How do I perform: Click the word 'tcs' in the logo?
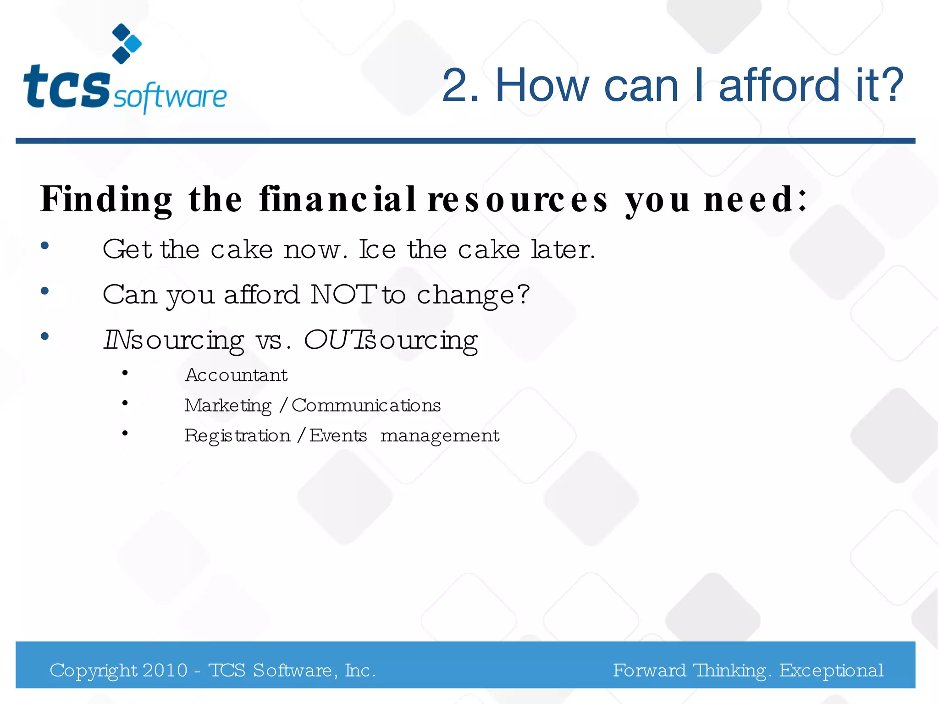(66, 87)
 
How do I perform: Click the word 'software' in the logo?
(170, 97)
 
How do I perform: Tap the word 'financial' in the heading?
(337, 199)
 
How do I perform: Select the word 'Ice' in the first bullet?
(377, 250)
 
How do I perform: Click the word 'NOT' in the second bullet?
(344, 294)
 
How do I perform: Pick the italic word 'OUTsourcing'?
(391, 341)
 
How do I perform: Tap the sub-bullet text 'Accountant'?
(236, 375)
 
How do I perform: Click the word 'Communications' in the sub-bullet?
(366, 406)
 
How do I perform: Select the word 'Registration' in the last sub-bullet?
(238, 436)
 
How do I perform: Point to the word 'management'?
(440, 436)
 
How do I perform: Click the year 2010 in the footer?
(165, 671)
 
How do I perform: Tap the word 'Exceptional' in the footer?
(831, 671)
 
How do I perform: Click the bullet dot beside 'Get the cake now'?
(44, 246)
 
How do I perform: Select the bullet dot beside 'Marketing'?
(125, 403)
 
